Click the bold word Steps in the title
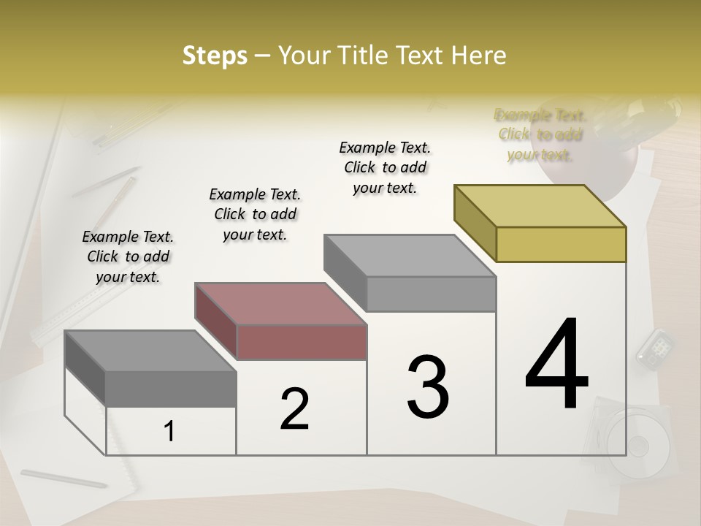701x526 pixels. [x=215, y=56]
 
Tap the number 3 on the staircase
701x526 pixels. [x=428, y=387]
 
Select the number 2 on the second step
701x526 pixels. [x=294, y=408]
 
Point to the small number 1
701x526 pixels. [x=169, y=432]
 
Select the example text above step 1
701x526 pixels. [x=128, y=256]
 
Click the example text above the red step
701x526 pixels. [x=255, y=214]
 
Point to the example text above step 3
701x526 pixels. [x=385, y=167]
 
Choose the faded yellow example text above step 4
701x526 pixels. [x=540, y=134]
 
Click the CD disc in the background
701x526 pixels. [x=637, y=444]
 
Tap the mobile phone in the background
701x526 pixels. [x=654, y=347]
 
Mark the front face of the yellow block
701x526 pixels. [x=561, y=244]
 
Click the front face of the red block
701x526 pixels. [x=302, y=342]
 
